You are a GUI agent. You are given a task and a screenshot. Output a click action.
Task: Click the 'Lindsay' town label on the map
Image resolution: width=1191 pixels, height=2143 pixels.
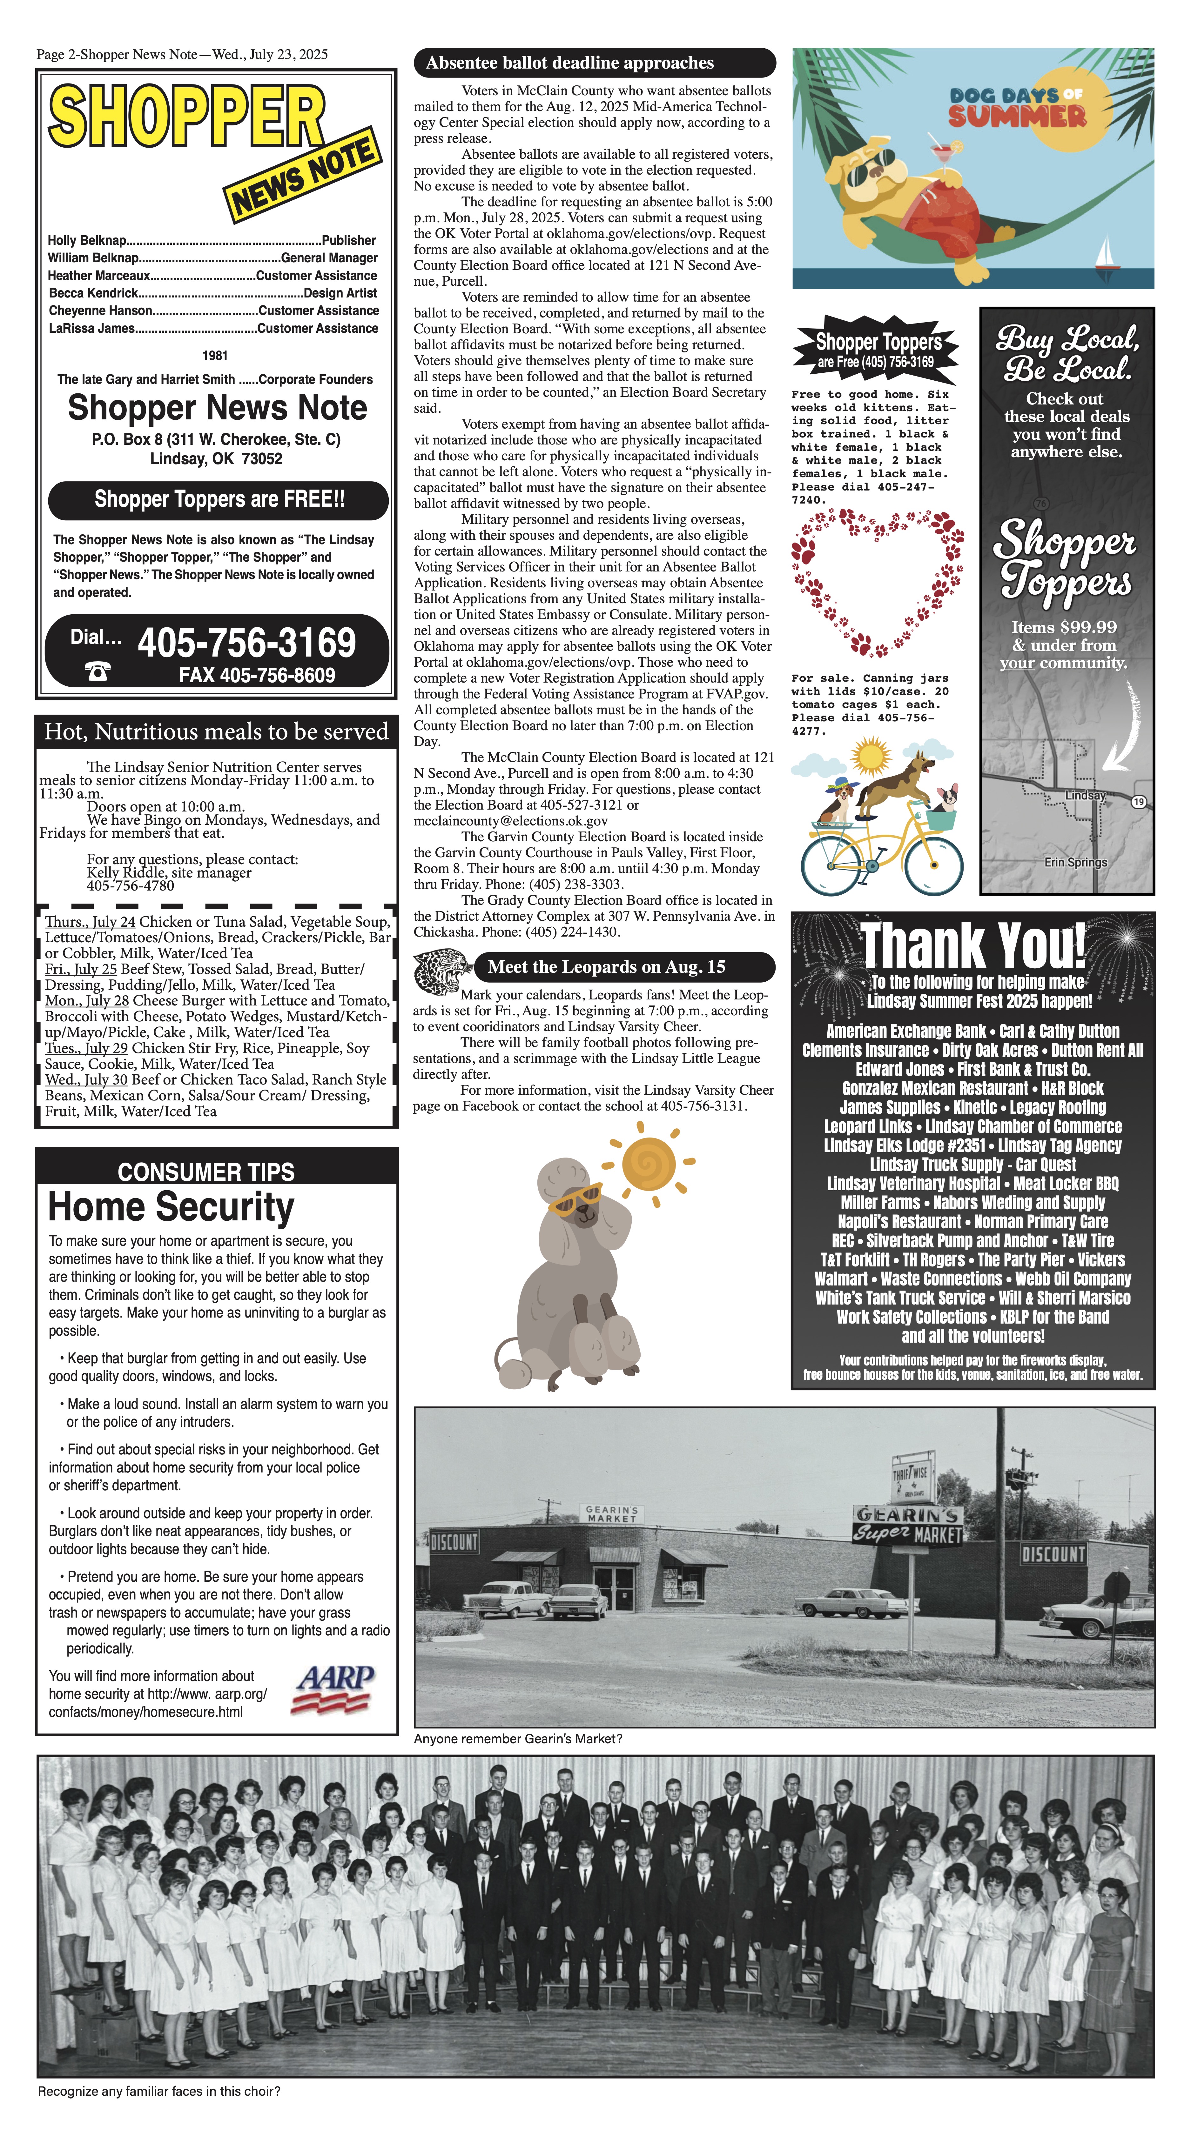pos(1085,795)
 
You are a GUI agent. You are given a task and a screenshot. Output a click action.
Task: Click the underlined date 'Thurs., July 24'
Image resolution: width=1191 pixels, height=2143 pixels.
pos(90,922)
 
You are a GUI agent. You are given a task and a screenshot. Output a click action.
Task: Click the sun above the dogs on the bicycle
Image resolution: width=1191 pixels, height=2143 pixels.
pos(871,756)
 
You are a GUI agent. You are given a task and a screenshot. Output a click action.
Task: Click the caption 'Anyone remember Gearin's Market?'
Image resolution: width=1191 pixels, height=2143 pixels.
pos(518,1739)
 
